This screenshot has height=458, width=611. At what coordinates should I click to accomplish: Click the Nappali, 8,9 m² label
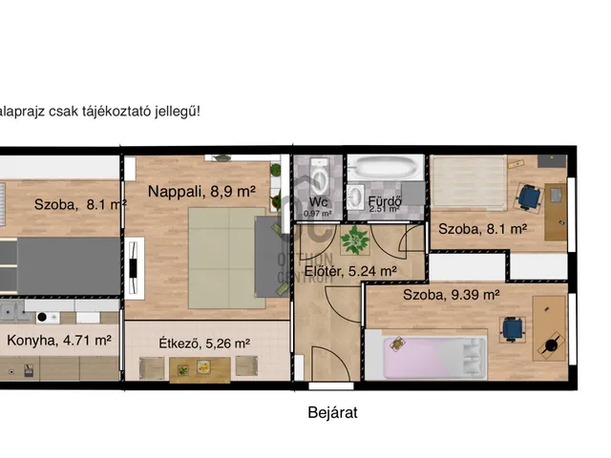click(201, 192)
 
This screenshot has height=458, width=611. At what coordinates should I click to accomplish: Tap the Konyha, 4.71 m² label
click(59, 339)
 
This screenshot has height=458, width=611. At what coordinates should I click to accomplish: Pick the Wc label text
click(319, 201)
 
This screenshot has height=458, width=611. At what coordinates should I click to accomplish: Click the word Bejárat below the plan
click(332, 413)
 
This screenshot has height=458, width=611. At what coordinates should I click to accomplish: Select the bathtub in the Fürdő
click(385, 171)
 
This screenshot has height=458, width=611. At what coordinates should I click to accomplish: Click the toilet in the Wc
click(321, 176)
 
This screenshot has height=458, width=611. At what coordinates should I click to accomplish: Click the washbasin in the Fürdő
click(359, 196)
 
